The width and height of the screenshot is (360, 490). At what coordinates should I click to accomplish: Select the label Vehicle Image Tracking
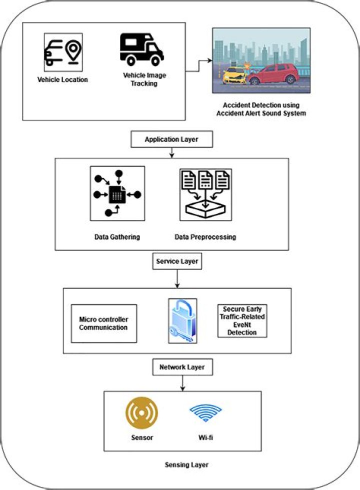pos(144,79)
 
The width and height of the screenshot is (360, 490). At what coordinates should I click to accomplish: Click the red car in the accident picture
pos(280,73)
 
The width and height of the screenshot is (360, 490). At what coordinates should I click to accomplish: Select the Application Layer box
pos(171,140)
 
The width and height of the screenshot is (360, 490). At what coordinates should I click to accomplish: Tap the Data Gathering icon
pos(117,193)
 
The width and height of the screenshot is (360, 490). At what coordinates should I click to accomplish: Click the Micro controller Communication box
pos(104,324)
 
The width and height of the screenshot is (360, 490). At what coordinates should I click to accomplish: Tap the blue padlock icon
pos(182,321)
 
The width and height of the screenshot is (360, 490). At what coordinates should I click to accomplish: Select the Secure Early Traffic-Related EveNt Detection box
pos(242,320)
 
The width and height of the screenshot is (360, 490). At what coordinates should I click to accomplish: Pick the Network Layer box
pos(182,367)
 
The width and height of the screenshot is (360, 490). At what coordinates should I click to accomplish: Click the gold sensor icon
pos(141,414)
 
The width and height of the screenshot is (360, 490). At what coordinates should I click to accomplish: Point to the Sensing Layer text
pos(186,465)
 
